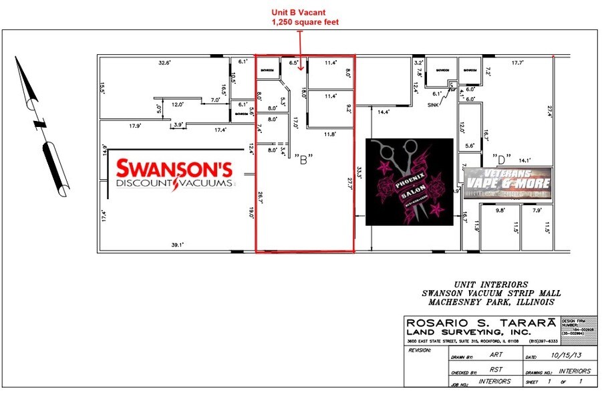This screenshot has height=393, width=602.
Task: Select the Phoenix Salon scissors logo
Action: [x=409, y=182]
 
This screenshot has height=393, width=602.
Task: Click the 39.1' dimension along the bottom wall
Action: [x=177, y=245]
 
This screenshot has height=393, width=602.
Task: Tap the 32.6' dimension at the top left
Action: [x=164, y=63]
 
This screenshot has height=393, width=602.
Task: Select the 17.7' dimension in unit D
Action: [x=516, y=63]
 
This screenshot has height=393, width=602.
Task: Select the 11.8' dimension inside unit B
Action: [x=329, y=134]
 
